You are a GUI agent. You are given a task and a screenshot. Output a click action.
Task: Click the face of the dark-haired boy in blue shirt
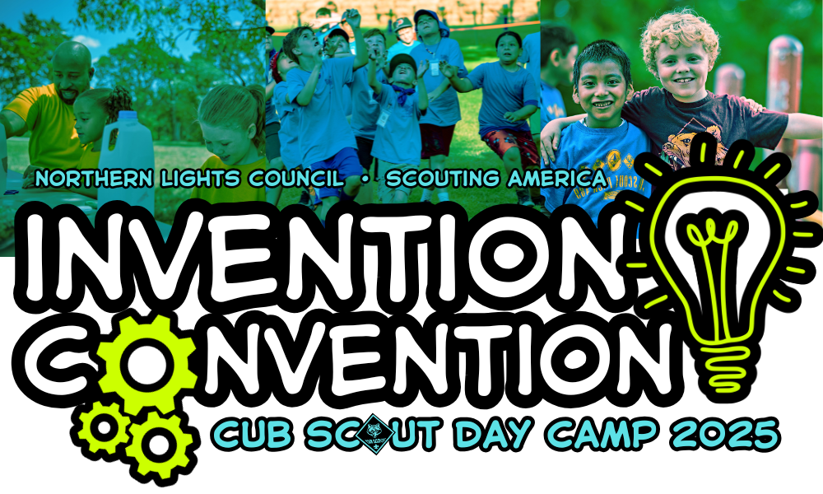pos(597,82)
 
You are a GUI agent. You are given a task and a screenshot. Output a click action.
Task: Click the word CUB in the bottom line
pos(241,434)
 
